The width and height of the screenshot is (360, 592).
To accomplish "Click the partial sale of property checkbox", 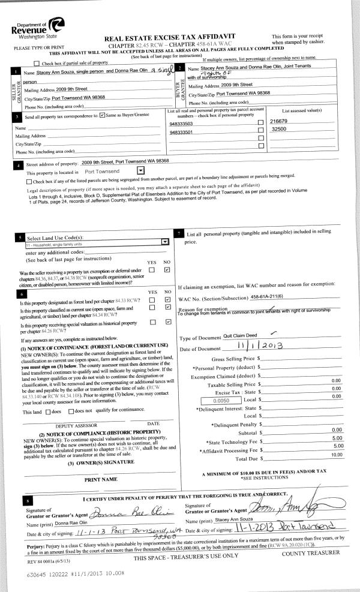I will pos(38,63).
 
